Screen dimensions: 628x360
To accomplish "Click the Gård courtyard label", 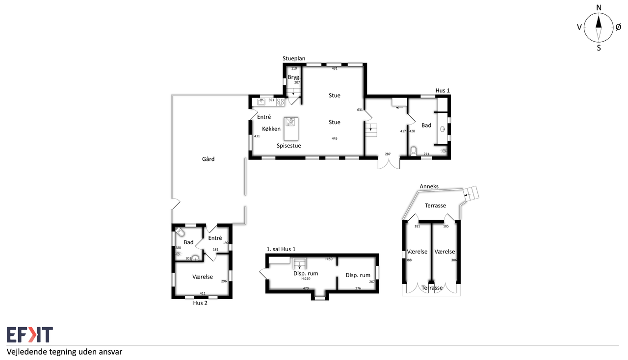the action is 208,159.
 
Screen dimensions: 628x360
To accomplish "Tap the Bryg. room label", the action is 294,77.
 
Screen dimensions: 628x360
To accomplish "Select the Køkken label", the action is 271,129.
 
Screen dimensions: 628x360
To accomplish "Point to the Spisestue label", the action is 289,146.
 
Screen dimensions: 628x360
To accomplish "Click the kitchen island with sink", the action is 291,129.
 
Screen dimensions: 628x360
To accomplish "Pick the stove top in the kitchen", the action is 280,102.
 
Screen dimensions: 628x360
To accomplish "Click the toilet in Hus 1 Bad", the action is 413,151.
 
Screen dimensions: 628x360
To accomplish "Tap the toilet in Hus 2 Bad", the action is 180,231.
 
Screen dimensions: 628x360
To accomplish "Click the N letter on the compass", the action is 599,7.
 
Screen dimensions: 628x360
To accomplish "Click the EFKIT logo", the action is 30,334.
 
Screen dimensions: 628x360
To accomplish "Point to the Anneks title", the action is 429,186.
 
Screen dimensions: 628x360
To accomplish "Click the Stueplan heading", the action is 294,58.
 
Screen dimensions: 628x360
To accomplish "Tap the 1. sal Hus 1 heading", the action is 281,249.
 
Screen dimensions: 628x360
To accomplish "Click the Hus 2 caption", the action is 200,303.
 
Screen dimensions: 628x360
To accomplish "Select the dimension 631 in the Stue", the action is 360,110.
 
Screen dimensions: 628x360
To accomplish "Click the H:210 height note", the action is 306,279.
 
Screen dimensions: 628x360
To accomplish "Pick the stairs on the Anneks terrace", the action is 471,193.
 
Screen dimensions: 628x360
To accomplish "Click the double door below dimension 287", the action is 389,164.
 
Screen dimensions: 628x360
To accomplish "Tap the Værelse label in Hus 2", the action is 203,277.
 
